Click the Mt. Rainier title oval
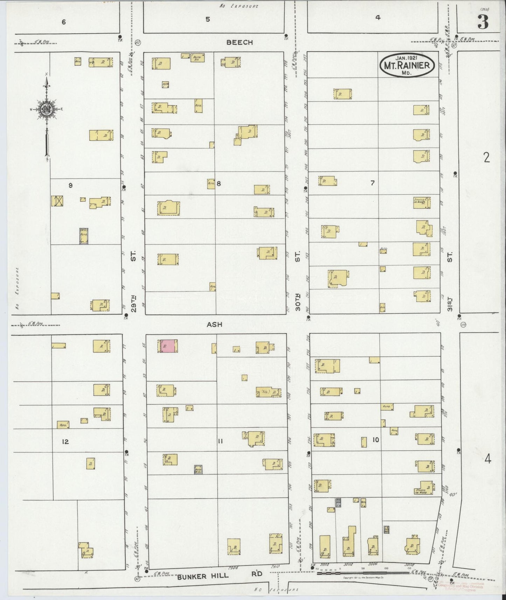pos(408,65)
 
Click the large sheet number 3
pos(483,23)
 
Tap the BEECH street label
pos(240,42)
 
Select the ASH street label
pos(214,325)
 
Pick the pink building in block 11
pos(167,346)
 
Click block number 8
pos(219,183)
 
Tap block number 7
pos(373,183)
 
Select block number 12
pos(65,442)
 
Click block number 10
pos(375,440)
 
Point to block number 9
pos(70,186)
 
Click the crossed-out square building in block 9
pos(57,201)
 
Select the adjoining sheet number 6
pos(63,22)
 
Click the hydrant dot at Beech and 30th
pos(286,35)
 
